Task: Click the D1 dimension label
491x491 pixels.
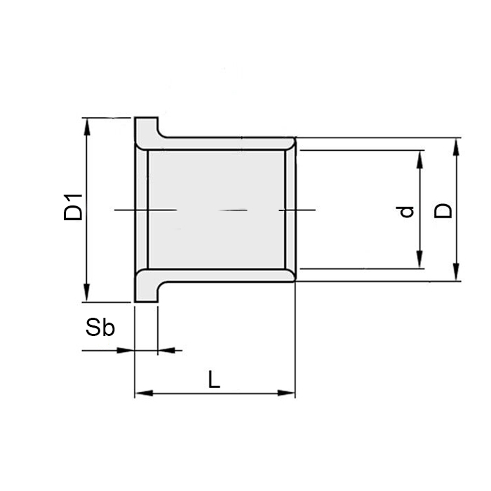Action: coord(73,208)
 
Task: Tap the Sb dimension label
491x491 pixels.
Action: coord(100,328)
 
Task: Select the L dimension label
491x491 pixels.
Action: coord(215,379)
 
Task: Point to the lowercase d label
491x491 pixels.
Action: coord(407,212)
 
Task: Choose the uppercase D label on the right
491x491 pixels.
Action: coord(443,210)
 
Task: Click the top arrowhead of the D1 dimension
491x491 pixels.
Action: coord(87,126)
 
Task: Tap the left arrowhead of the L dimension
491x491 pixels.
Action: coord(144,393)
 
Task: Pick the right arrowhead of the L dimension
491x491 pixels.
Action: coord(286,393)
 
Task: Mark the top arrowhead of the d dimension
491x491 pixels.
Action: coord(420,159)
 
